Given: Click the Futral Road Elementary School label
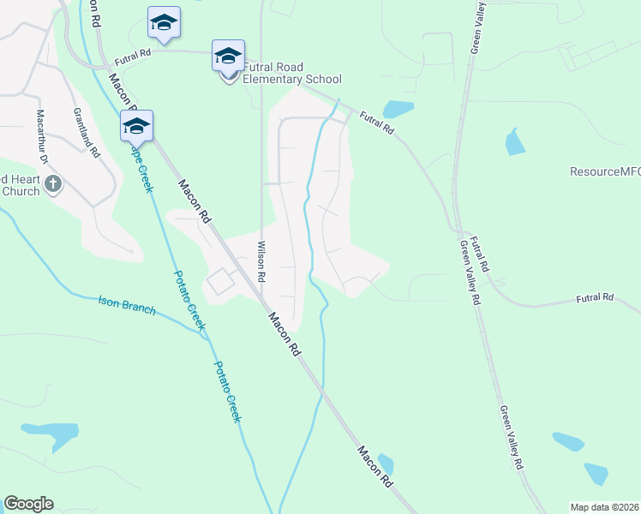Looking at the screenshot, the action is (x=291, y=73).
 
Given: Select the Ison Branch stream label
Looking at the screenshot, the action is (x=127, y=304).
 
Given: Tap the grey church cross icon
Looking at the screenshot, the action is (x=53, y=183).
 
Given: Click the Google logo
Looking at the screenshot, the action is (x=28, y=504).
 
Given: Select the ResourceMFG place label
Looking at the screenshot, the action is (x=605, y=171).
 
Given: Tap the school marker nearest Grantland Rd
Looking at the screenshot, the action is (x=136, y=126).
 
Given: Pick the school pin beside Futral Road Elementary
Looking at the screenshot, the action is (x=228, y=57).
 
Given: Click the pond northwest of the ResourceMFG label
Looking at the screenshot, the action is (x=514, y=142).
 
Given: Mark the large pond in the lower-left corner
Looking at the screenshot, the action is (x=50, y=433).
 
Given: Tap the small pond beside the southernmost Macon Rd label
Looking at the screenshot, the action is (x=386, y=463).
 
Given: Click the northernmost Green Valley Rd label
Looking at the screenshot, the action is (x=476, y=28).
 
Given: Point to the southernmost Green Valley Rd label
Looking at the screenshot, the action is (x=512, y=438).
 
